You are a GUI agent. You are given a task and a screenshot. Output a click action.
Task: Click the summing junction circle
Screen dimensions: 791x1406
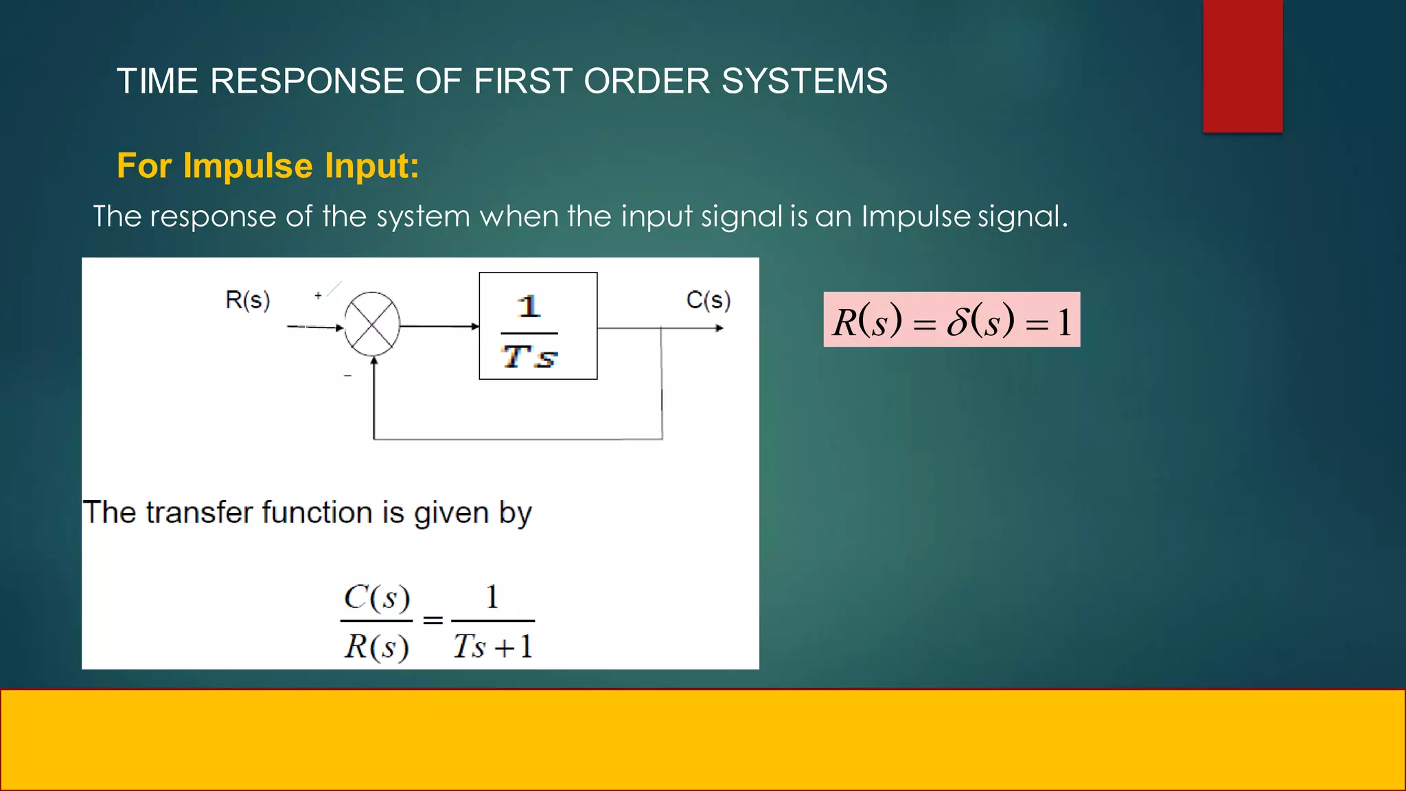coord(371,324)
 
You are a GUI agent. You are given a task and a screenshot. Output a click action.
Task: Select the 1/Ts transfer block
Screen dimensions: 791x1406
coord(538,325)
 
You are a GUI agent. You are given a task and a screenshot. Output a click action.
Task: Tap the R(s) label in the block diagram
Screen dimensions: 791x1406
coord(247,300)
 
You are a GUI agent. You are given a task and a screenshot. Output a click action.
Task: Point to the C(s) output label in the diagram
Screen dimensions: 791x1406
coord(708,300)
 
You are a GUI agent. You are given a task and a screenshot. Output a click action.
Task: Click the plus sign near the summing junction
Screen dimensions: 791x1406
coord(318,295)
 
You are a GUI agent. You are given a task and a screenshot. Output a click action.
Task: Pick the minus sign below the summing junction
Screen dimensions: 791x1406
coord(347,376)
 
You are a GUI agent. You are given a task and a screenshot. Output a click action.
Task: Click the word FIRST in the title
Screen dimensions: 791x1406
coord(522,81)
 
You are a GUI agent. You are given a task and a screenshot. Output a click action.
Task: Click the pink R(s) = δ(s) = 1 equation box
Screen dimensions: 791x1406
coord(952,319)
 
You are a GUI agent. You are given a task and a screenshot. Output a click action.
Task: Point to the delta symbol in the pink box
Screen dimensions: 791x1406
coord(957,321)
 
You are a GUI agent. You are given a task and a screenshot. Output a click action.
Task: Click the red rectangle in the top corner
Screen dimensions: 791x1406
coord(1243,66)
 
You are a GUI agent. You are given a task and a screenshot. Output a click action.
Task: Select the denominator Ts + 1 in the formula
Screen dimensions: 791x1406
coord(492,646)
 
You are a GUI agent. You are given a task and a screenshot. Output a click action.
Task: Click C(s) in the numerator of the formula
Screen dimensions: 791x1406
coord(377,597)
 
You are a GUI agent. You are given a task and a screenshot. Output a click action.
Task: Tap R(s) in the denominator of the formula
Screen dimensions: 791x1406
coord(377,647)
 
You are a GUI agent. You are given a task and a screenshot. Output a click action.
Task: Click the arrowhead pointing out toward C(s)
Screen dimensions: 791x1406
coord(719,328)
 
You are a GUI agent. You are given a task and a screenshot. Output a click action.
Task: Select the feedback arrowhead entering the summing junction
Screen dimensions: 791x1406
coord(373,362)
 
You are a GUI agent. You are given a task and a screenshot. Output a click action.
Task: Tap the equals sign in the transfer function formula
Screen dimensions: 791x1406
coord(433,621)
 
